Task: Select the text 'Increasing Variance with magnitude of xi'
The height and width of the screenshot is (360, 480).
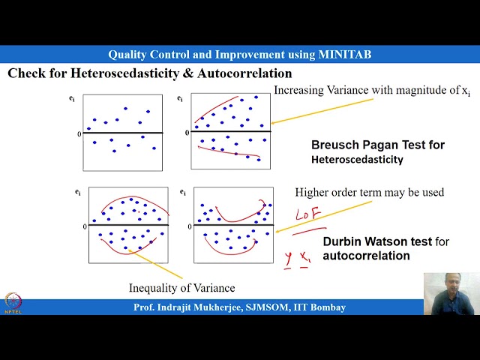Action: (x=372, y=91)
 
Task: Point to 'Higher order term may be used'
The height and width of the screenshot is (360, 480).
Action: (x=369, y=193)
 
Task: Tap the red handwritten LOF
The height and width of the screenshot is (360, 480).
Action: (x=307, y=215)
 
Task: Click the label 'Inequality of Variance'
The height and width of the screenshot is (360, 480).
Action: (x=181, y=288)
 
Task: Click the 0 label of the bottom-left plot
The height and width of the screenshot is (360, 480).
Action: (x=85, y=226)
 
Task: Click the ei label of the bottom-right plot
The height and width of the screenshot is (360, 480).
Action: (x=183, y=192)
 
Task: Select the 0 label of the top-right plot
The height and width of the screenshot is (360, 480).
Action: (x=187, y=133)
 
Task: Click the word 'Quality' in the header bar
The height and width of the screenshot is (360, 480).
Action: (x=128, y=55)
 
